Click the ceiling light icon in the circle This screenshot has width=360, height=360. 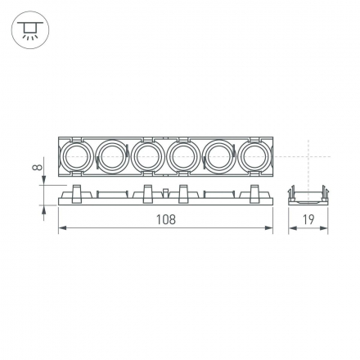pyautogui.click(x=30, y=30)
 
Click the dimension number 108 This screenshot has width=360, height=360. pyautogui.click(x=165, y=219)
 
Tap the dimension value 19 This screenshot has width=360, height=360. pyautogui.click(x=308, y=219)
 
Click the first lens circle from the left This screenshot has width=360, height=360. pyautogui.click(x=76, y=155)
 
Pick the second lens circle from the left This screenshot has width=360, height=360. pyautogui.click(x=112, y=155)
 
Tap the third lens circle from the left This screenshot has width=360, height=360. pyautogui.click(x=147, y=155)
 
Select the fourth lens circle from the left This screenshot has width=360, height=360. pyautogui.click(x=182, y=155)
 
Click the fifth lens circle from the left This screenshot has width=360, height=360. pyautogui.click(x=218, y=155)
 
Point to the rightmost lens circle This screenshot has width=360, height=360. pyautogui.click(x=254, y=155)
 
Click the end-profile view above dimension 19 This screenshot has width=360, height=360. pyautogui.click(x=308, y=195)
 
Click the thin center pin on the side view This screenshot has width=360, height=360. pyautogui.click(x=165, y=193)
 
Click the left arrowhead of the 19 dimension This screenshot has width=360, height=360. pyautogui.click(x=291, y=229)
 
